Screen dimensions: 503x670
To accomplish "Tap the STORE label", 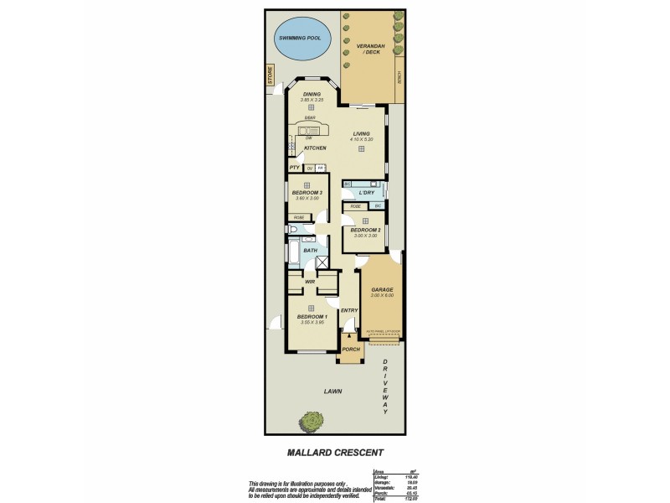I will coord(271,75).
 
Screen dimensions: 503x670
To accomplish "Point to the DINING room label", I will coord(312,94).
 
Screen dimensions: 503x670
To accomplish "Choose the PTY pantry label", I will coord(295,168).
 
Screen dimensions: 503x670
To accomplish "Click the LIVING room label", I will coord(361,133).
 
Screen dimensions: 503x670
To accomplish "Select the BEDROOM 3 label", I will coord(308,193).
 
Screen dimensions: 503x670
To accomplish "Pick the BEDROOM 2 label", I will coord(365,230).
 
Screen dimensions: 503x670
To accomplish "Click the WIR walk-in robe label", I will coord(309,282).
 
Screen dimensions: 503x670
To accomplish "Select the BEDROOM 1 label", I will coord(312,316).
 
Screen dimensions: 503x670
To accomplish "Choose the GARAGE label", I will coord(381,290).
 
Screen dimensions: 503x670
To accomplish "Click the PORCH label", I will coord(351,349).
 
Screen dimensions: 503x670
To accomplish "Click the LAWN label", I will coord(337,391).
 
